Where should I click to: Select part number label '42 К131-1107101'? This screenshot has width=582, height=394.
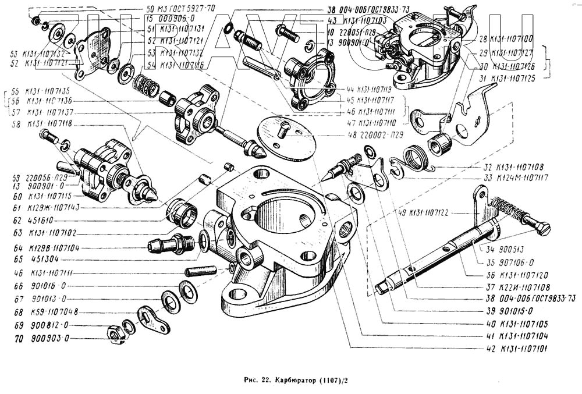coord(517,350)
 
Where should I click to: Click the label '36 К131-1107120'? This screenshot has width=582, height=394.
coord(516,275)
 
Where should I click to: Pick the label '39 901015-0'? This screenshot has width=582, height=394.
coord(508,311)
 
